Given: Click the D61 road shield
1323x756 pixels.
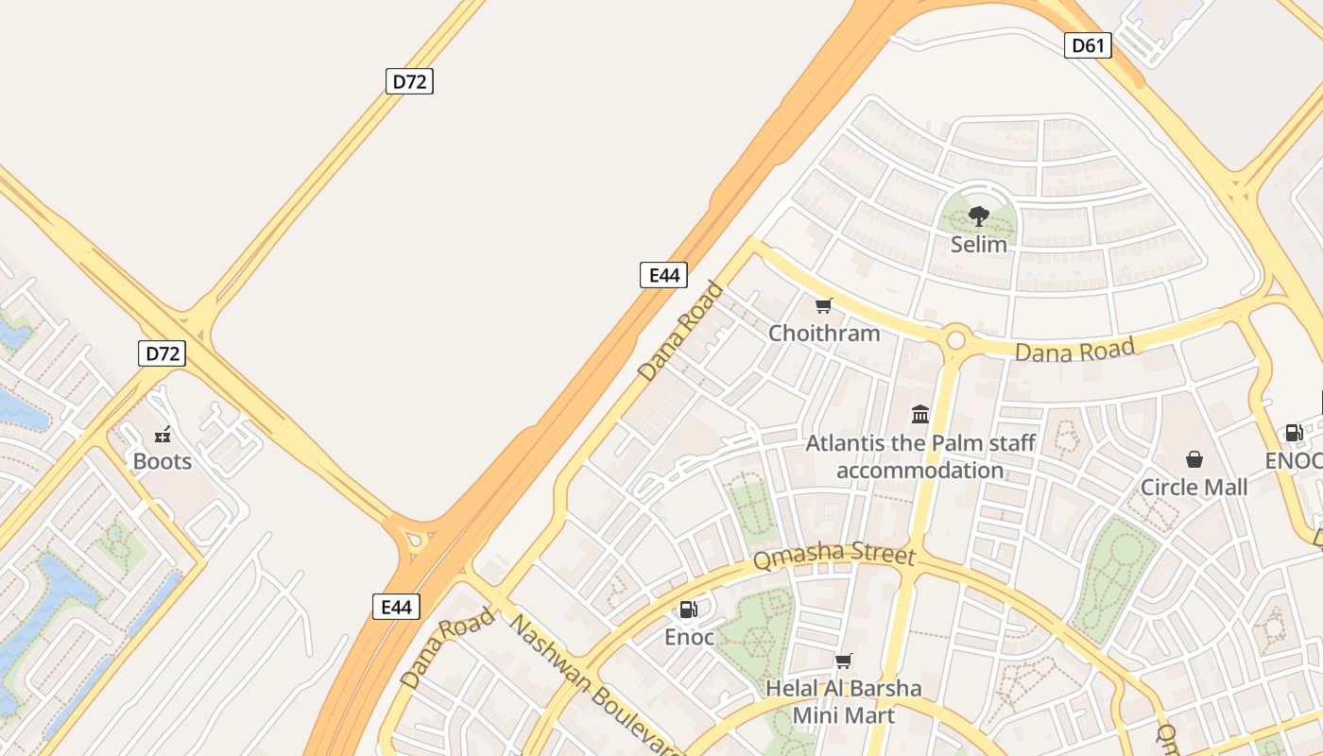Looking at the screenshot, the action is tap(1087, 44).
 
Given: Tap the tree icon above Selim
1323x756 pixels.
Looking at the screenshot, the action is tap(979, 217).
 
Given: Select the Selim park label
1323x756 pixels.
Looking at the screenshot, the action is tap(979, 244).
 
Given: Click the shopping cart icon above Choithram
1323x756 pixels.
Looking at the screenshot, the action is tap(824, 305).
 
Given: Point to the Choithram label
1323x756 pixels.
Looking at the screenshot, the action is tap(824, 333).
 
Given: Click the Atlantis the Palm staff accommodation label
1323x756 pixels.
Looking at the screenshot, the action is tap(920, 456).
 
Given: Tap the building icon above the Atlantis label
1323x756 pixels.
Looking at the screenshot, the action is tap(920, 414).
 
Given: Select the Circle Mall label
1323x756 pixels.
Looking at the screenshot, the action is tap(1194, 487).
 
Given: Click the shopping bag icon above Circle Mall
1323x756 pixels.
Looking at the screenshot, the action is tap(1194, 459).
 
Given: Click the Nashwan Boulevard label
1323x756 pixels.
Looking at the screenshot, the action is tap(595, 685).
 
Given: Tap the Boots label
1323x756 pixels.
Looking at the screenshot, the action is tap(163, 461).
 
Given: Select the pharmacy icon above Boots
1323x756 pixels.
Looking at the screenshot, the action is tap(163, 435).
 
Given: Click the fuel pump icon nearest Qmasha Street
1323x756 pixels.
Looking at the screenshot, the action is tap(689, 610).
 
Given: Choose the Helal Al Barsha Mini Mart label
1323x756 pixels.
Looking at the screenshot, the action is tap(843, 701).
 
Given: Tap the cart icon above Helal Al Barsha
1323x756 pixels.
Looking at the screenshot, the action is tap(843, 661).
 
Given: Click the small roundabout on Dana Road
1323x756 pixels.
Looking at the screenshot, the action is tap(955, 338).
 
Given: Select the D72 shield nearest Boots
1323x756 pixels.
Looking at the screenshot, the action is tap(163, 353).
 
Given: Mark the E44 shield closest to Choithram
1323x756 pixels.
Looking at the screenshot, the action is tap(663, 275).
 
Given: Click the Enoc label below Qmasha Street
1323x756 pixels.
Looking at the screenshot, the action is tap(689, 637).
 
